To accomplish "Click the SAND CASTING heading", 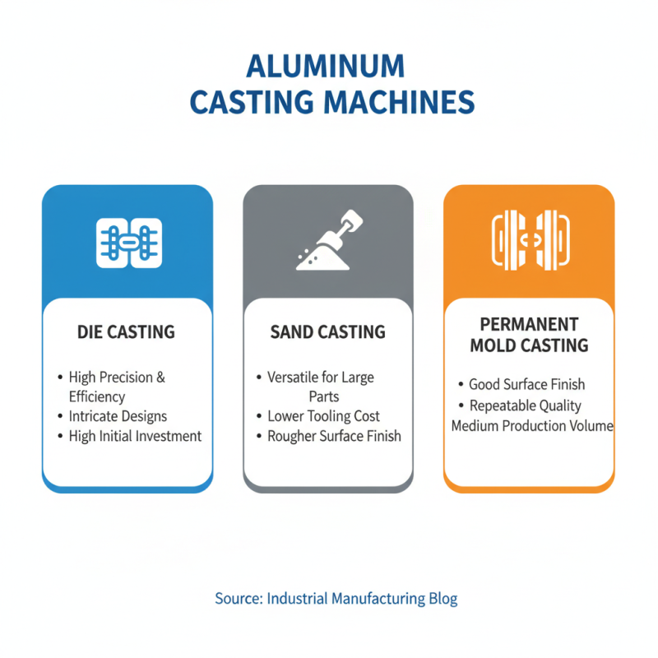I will pyautogui.click(x=328, y=332).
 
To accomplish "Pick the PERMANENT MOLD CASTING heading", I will pyautogui.click(x=529, y=334).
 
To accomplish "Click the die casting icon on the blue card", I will pyautogui.click(x=128, y=243).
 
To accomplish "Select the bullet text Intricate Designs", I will pyautogui.click(x=118, y=416).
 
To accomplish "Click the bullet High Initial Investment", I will pyautogui.click(x=135, y=436).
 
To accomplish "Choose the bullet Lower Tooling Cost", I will pyautogui.click(x=324, y=416).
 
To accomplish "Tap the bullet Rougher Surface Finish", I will pyautogui.click(x=334, y=436).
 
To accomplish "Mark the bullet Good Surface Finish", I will pyautogui.click(x=526, y=384).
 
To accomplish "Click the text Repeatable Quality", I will pyautogui.click(x=525, y=405).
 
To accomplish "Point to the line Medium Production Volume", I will pyautogui.click(x=532, y=426).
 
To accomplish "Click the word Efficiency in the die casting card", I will pyautogui.click(x=96, y=396).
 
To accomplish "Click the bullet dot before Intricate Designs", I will pyautogui.click(x=60, y=417).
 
